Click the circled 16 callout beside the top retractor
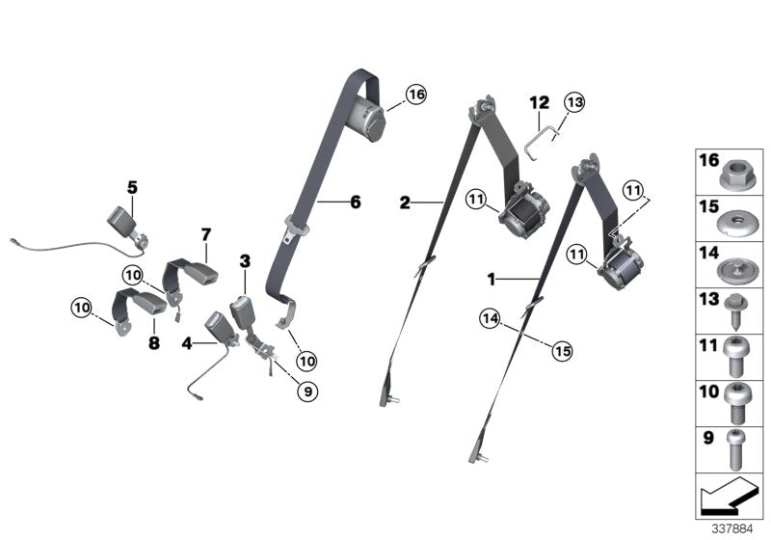tap(415, 94)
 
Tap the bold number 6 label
tap(355, 202)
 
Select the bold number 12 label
tap(538, 102)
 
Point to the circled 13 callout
tap(574, 104)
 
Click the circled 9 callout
tap(307, 391)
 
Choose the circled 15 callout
tap(563, 351)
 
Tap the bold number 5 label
tap(132, 185)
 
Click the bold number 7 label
tap(205, 233)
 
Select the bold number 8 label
tap(152, 343)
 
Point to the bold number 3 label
tap(245, 261)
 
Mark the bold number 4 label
tap(186, 339)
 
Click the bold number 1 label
tap(491, 280)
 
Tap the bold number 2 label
tap(405, 202)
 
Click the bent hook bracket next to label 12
tap(536, 132)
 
